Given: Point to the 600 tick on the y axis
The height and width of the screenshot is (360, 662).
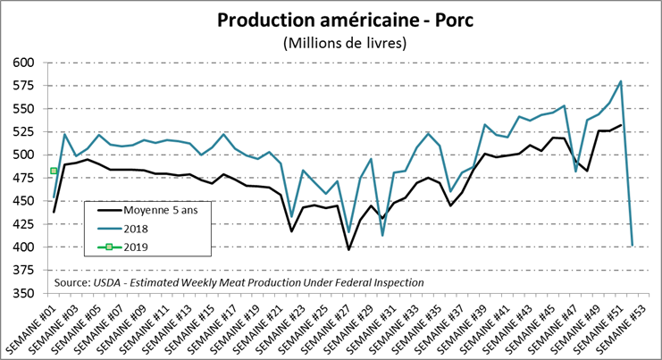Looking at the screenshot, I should (x=23, y=63).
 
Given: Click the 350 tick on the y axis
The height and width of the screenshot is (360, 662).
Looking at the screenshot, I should (x=23, y=293).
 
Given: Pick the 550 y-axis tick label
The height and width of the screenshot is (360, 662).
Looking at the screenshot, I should (x=23, y=109).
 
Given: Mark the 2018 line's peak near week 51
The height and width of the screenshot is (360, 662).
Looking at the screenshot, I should (x=620, y=81).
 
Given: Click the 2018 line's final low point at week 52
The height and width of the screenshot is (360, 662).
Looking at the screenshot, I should (x=632, y=245).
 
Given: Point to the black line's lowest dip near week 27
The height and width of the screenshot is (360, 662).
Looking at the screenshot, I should (x=348, y=249).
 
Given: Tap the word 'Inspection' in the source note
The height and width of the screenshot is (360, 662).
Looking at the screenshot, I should (x=395, y=282).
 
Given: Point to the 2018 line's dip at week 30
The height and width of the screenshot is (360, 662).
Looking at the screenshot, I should (x=383, y=235).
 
